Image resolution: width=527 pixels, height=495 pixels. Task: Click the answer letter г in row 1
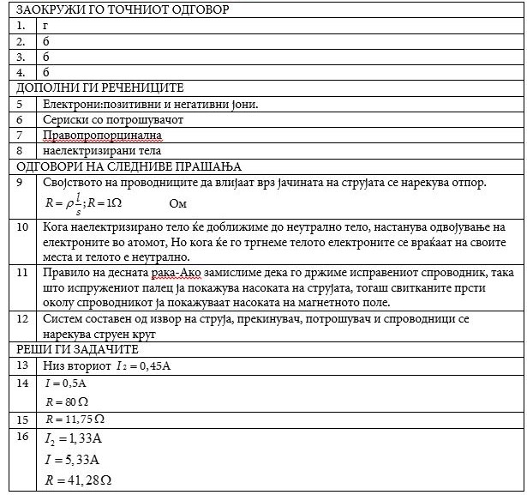click(x=45, y=26)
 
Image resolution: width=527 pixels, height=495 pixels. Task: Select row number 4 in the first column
click(x=21, y=72)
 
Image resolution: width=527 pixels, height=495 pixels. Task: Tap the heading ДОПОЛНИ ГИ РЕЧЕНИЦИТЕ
click(x=100, y=88)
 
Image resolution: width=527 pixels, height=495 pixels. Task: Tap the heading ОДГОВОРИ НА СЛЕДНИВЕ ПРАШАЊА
click(x=129, y=166)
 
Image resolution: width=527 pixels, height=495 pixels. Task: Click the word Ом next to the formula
click(x=178, y=204)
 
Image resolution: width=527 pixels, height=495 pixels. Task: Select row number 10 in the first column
click(x=23, y=227)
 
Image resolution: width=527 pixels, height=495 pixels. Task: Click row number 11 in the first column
click(x=23, y=273)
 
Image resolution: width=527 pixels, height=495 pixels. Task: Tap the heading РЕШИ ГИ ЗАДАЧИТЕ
click(x=76, y=349)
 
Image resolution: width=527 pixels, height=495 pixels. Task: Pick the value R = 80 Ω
click(x=68, y=401)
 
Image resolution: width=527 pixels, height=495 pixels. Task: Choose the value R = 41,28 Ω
click(x=78, y=479)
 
